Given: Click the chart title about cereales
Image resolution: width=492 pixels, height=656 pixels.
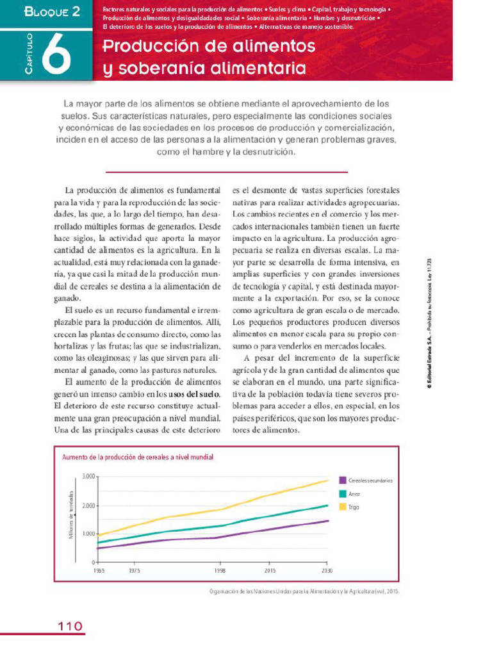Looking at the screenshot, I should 137,457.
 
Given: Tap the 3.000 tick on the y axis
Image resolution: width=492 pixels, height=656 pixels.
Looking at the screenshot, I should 87,476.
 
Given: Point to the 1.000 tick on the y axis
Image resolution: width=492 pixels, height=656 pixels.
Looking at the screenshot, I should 87,534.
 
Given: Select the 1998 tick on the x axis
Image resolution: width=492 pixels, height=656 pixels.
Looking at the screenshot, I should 220,569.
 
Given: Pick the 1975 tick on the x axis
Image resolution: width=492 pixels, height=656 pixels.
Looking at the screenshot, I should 135,569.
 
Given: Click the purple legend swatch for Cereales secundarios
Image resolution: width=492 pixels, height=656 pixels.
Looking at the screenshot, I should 343,480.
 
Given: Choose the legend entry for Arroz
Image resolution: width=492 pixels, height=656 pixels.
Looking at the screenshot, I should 354,494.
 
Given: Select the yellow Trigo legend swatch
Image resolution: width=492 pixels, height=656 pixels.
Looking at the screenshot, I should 343,507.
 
